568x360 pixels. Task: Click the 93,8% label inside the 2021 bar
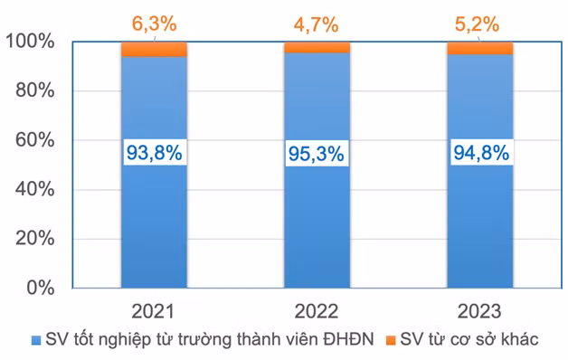[154, 153]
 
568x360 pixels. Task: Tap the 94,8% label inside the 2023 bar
[479, 153]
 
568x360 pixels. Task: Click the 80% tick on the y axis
[35, 91]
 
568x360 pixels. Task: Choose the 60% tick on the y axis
[35, 141]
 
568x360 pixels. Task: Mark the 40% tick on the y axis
[35, 190]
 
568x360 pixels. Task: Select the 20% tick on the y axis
[35, 240]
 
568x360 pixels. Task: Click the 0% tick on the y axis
[41, 289]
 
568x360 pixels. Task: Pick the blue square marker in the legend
[35, 340]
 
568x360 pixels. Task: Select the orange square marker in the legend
[391, 340]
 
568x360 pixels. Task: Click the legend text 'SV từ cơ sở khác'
[469, 340]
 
